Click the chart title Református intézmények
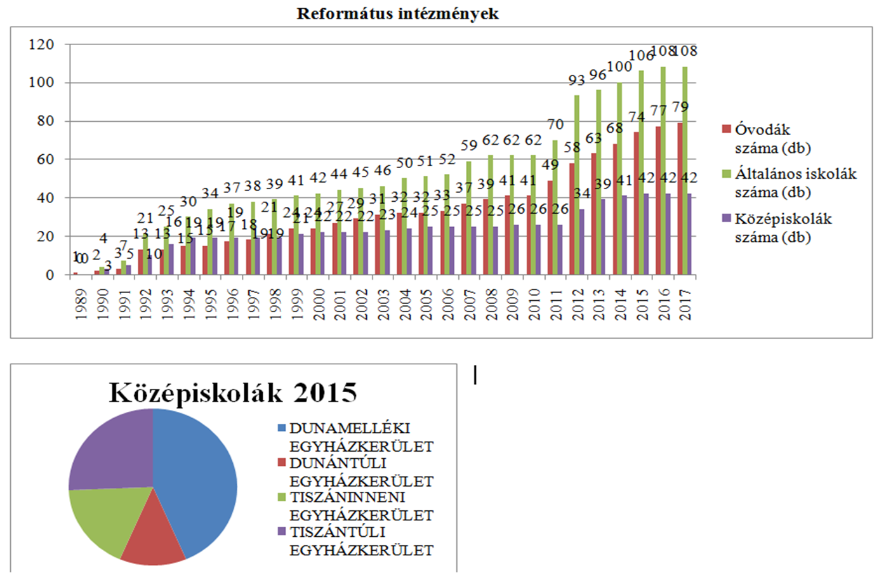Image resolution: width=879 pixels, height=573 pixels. point(397,14)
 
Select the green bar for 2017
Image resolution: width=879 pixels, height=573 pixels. point(685,171)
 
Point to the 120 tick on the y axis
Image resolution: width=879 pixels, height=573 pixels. point(41,44)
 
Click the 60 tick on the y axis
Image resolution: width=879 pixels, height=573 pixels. point(45,159)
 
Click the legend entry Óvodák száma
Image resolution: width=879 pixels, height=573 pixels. point(762,138)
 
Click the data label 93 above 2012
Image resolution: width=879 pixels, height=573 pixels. point(576,81)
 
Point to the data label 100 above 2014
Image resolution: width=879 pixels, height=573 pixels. point(619,67)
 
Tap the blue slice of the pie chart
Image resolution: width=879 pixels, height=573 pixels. point(197,482)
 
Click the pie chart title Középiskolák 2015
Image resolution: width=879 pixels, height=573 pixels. point(233,393)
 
